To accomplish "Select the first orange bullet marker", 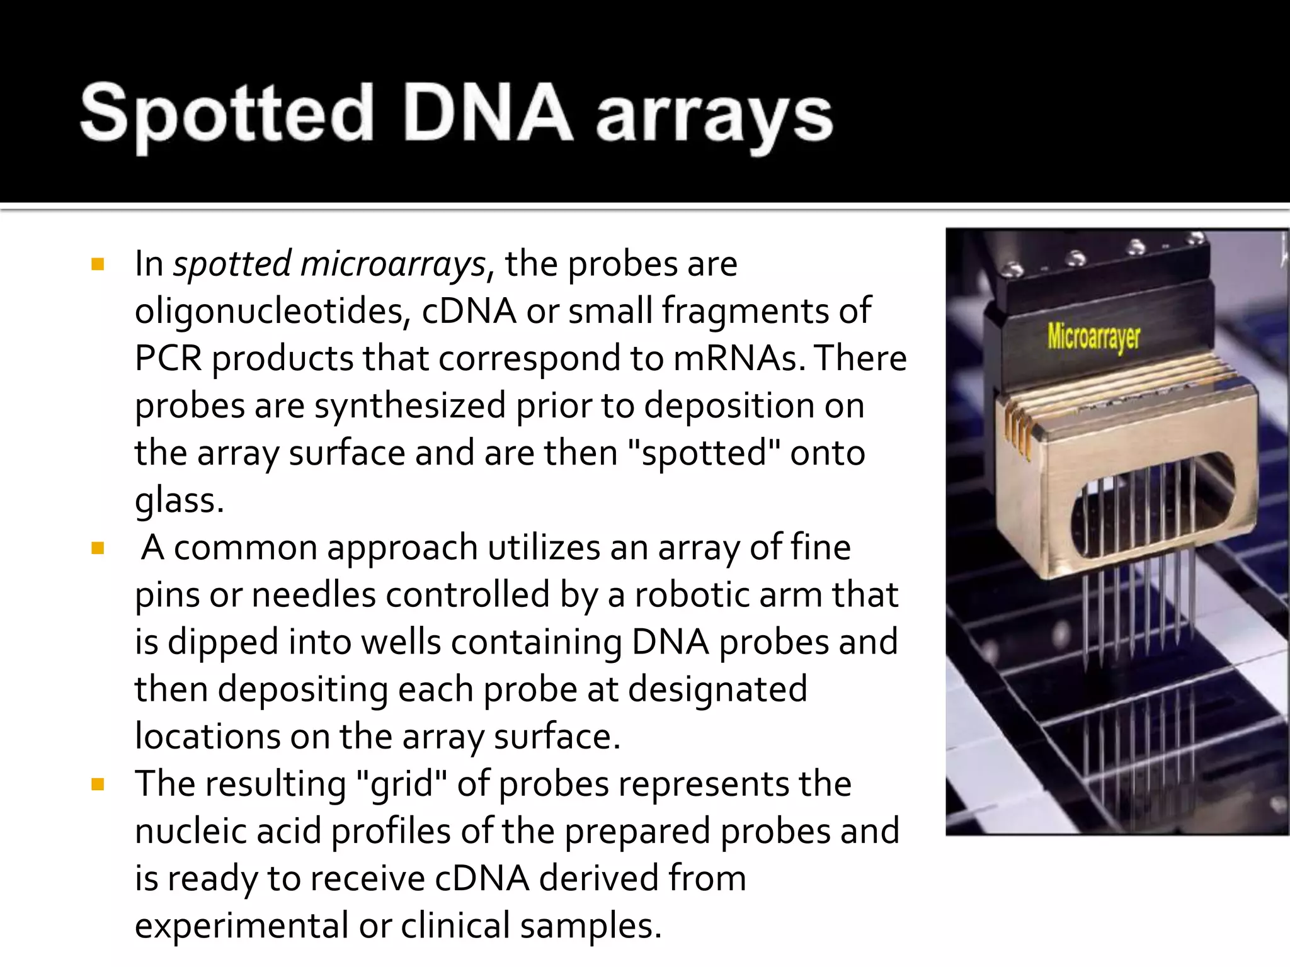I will [x=98, y=264].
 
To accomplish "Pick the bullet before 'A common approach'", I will [x=98, y=548].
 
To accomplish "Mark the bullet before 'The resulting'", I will [x=98, y=784].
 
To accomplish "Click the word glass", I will [x=179, y=500].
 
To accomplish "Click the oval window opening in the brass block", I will [x=1153, y=504].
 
